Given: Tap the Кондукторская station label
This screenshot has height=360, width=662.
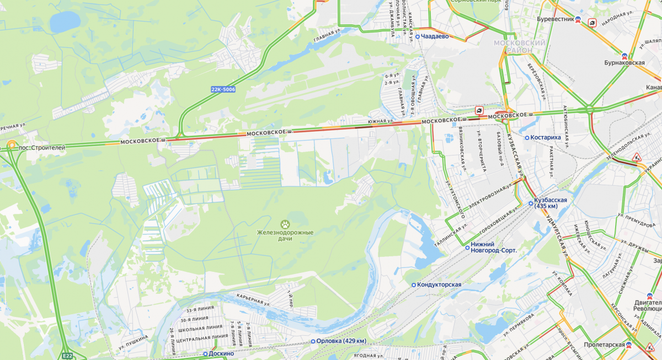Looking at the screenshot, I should (x=439, y=284).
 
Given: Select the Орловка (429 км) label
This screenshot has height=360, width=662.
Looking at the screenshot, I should (x=341, y=341).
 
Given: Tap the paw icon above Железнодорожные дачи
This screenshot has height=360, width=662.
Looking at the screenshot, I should (x=285, y=224).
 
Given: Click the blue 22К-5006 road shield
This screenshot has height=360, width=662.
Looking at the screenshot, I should (x=223, y=89).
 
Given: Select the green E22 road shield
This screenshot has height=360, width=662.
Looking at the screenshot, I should (x=67, y=356).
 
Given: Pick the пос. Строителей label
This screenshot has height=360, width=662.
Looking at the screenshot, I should (x=42, y=148).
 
